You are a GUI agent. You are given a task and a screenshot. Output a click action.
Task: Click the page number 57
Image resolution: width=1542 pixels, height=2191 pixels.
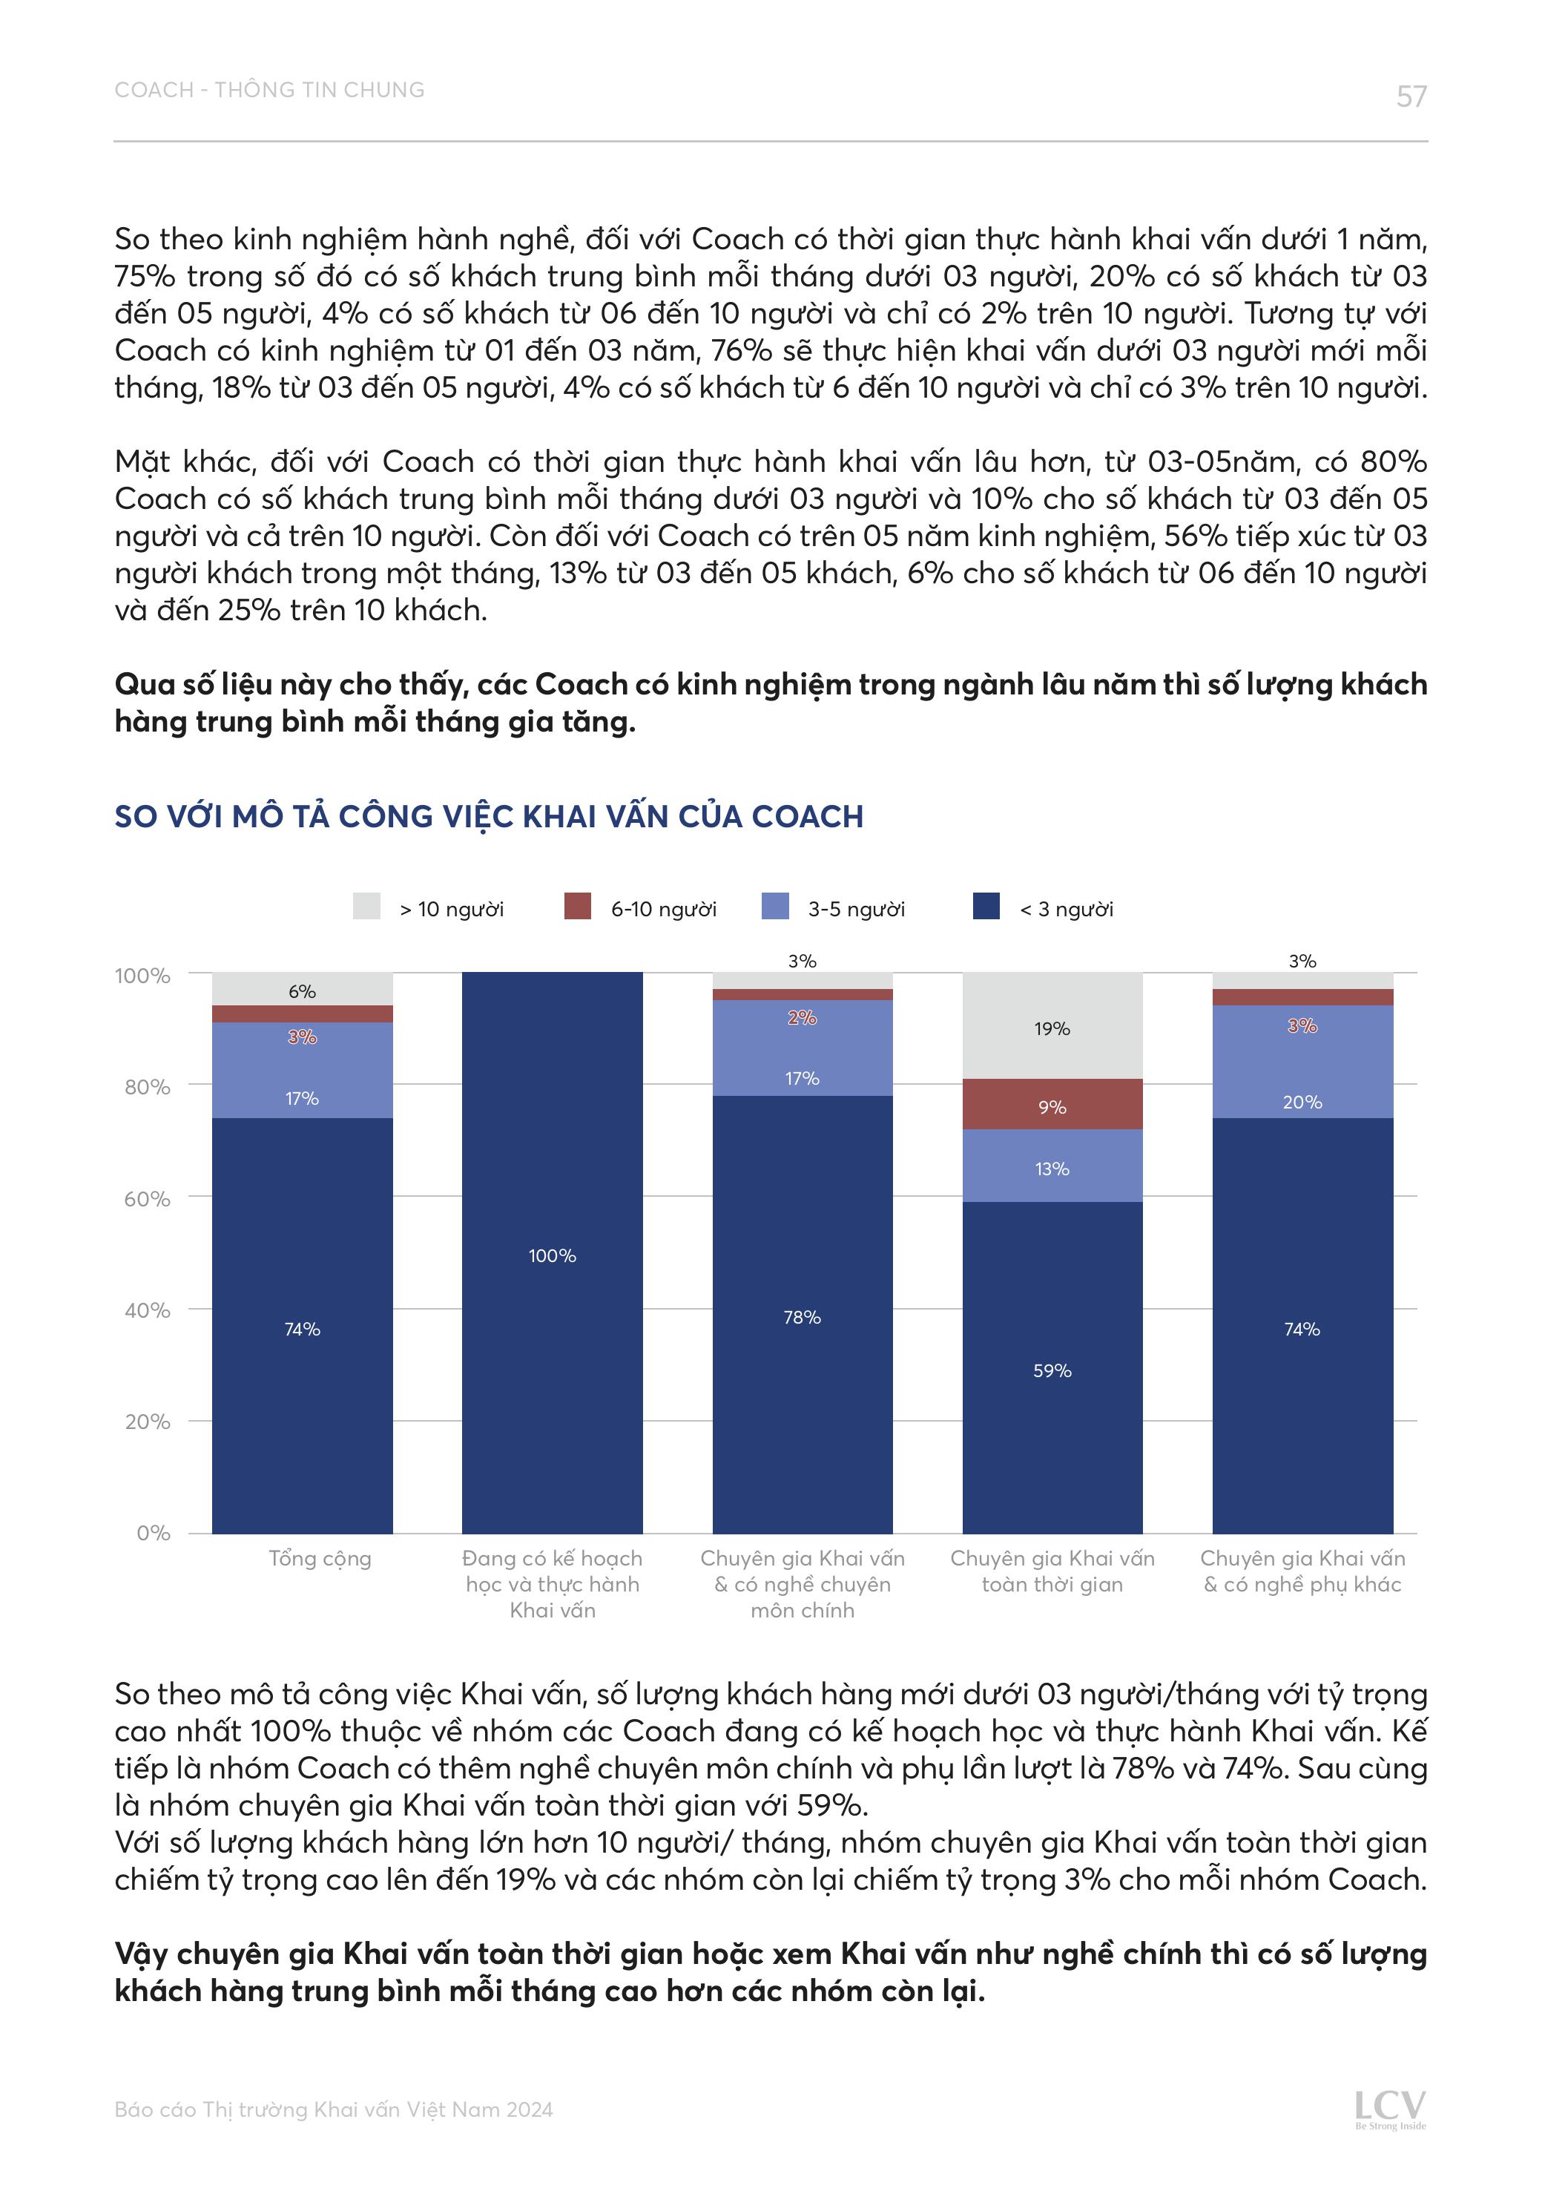point(1411,96)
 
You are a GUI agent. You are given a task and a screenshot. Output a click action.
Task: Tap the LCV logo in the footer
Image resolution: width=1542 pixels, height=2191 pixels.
point(1390,2108)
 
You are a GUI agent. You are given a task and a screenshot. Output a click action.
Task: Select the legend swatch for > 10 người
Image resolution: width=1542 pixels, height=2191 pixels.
point(366,906)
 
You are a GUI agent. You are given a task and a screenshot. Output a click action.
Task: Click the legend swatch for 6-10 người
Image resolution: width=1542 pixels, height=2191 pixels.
point(577,906)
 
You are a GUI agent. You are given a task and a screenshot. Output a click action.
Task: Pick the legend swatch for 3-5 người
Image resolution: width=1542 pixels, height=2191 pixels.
point(775,906)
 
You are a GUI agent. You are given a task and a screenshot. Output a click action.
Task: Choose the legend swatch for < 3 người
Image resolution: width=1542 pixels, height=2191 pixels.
point(986,906)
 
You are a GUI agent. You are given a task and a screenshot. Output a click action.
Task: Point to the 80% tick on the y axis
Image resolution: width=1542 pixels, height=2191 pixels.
point(147,1087)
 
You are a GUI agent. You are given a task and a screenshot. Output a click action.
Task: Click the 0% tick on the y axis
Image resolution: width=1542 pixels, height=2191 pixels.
point(153,1533)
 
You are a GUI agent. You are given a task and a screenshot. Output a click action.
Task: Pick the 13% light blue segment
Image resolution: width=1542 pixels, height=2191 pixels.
point(1052,1166)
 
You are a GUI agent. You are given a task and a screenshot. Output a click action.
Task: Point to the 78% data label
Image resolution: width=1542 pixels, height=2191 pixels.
point(802,1317)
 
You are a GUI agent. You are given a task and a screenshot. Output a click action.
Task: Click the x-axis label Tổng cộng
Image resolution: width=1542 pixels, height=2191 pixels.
point(320,1558)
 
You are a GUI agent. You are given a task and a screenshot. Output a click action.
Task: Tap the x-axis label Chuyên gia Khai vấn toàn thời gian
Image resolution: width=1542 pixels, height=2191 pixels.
point(1052,1571)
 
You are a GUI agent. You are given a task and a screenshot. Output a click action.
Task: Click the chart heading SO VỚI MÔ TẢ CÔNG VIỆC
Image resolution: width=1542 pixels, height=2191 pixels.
point(489,816)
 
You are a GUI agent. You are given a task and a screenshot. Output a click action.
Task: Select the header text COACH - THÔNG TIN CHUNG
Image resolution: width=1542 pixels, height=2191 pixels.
point(269,90)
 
